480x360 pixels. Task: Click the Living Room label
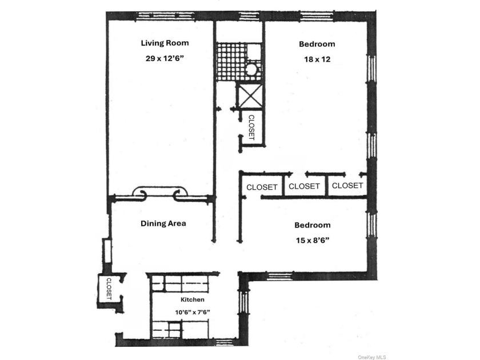(x=165, y=43)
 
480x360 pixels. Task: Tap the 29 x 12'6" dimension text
(x=165, y=58)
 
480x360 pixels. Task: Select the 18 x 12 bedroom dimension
(x=317, y=59)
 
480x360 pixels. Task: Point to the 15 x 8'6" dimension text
(x=312, y=241)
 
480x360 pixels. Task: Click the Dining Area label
(x=163, y=223)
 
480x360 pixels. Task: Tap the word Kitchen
(x=192, y=299)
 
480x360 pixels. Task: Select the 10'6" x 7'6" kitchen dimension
(x=192, y=312)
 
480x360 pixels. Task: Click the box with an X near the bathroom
(x=250, y=96)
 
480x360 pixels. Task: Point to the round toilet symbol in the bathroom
(x=252, y=69)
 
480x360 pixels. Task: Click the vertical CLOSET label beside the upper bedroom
(x=251, y=127)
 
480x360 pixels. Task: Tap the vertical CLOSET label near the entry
(x=109, y=289)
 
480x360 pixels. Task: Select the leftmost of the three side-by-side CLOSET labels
(x=262, y=187)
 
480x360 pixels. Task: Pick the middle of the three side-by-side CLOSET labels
(x=304, y=186)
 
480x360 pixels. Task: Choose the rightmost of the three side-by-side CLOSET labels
(x=347, y=186)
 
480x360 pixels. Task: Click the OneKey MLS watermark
(x=371, y=357)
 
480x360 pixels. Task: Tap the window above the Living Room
(x=165, y=16)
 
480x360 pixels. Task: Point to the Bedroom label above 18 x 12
(x=317, y=44)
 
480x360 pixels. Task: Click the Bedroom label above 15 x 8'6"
(x=312, y=225)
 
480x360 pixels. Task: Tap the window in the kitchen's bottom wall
(x=225, y=342)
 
